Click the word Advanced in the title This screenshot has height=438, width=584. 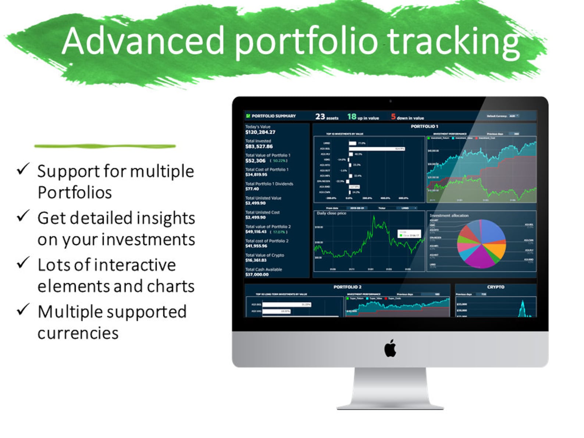[143, 41]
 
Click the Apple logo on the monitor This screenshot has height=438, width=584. [390, 348]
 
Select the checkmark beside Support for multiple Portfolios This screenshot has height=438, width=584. [23, 169]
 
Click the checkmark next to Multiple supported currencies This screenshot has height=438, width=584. [23, 309]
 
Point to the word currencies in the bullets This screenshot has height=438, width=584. [78, 333]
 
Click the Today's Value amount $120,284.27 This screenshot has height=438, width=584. [260, 132]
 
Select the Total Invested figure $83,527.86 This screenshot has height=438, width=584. [259, 146]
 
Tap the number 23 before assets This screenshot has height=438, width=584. [320, 117]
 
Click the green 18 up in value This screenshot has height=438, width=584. [352, 117]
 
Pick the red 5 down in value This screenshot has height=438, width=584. [393, 117]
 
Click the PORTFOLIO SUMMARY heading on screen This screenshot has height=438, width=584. [274, 116]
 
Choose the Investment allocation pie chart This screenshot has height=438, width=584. [481, 244]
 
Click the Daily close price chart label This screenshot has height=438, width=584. [331, 213]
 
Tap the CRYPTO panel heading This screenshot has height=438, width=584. [495, 287]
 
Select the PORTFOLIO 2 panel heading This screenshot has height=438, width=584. [347, 287]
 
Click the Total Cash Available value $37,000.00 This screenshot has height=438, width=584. [257, 274]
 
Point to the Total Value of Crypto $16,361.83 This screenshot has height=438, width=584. [256, 260]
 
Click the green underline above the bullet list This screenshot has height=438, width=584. [105, 146]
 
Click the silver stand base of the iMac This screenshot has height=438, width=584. [390, 406]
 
